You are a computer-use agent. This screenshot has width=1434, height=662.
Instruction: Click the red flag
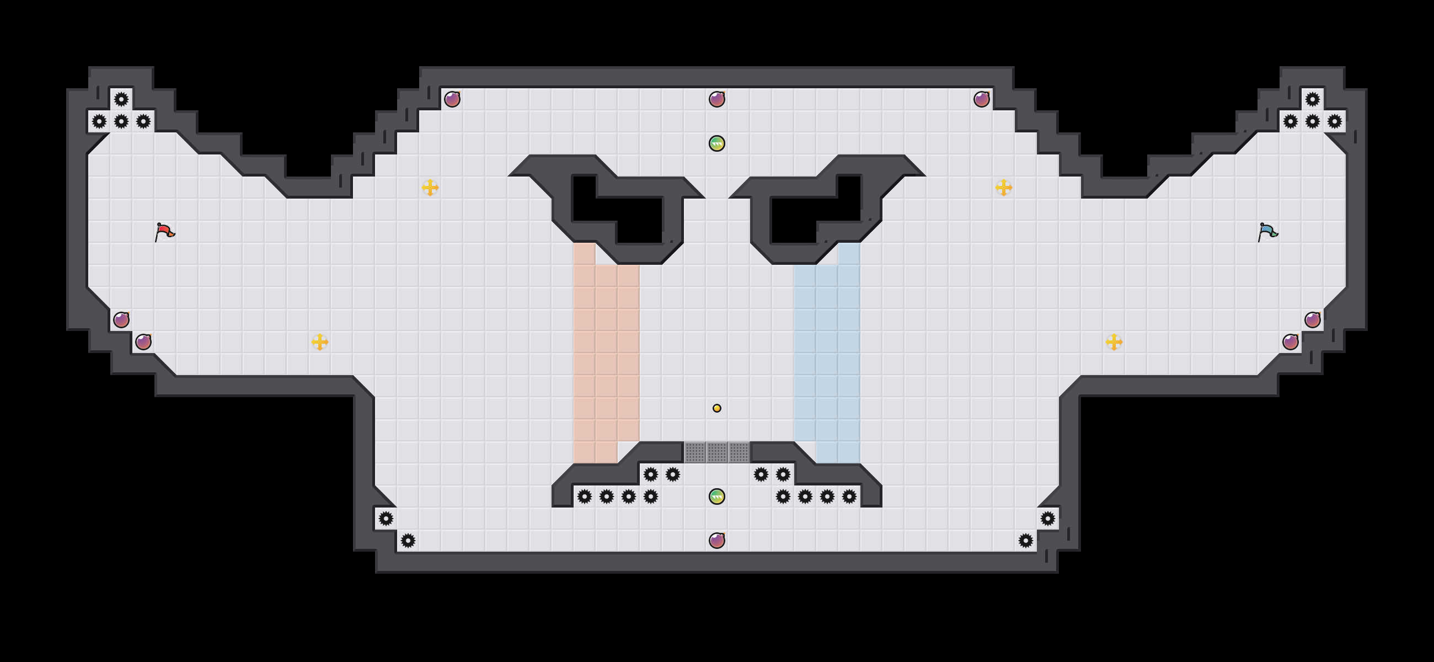click(x=164, y=232)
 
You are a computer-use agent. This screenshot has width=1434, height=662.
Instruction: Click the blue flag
click(x=1267, y=232)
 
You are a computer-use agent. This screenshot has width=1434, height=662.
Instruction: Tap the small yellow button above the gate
click(x=717, y=408)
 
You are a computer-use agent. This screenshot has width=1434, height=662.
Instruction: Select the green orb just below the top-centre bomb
click(x=717, y=143)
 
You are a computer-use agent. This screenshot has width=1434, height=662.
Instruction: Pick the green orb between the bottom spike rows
click(x=717, y=496)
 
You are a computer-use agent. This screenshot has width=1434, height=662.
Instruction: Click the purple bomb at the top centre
click(x=717, y=99)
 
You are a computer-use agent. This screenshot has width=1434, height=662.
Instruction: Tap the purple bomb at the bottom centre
click(x=717, y=540)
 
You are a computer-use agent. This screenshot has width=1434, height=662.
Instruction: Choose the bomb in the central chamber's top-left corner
click(x=452, y=99)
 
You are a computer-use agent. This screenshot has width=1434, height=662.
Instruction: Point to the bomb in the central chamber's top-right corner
click(x=981, y=99)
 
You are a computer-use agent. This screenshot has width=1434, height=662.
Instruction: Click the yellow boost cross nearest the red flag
click(x=430, y=188)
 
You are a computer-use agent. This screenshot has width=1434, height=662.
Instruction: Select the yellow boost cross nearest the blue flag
click(x=1004, y=188)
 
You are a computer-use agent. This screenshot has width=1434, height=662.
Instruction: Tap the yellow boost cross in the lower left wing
click(x=319, y=342)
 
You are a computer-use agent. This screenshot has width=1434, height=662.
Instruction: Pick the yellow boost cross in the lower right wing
click(x=1114, y=342)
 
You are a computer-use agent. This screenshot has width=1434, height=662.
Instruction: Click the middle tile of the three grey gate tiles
click(x=717, y=452)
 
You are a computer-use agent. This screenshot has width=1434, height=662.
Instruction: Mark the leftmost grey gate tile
click(x=695, y=452)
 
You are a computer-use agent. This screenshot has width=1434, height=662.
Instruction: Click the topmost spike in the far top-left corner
click(x=121, y=100)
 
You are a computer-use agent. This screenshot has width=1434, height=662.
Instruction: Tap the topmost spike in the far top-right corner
click(x=1313, y=100)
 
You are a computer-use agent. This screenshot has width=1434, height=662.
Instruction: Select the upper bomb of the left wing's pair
click(x=121, y=319)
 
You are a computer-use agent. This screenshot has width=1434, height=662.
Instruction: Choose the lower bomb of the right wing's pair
click(x=1291, y=342)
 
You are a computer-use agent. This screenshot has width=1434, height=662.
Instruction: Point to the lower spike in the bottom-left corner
click(x=408, y=540)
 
